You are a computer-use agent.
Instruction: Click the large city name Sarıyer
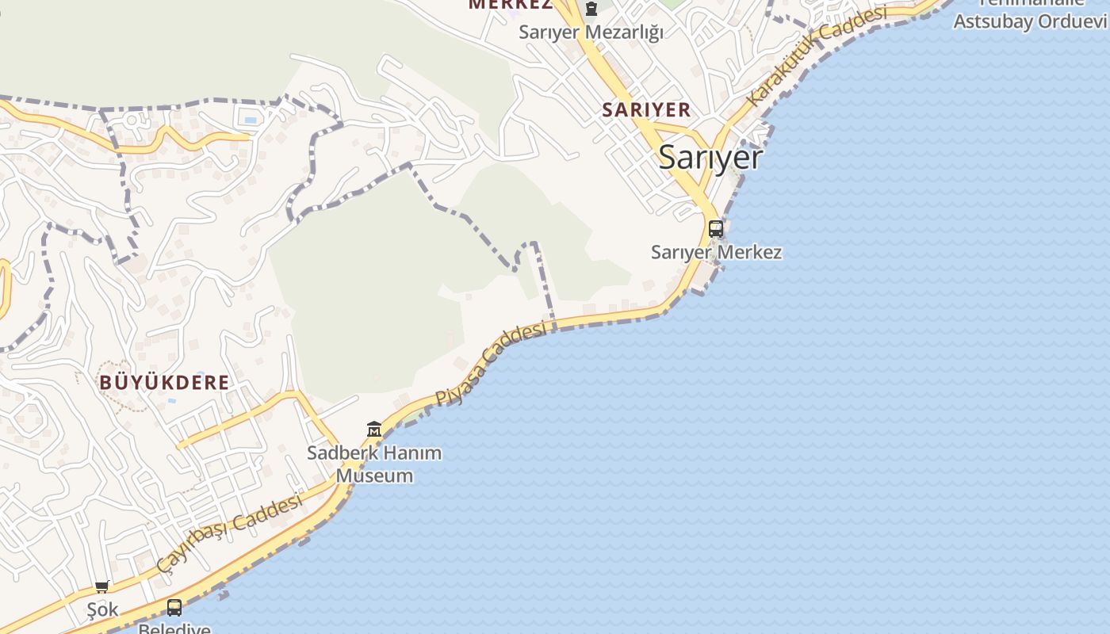[x=710, y=158]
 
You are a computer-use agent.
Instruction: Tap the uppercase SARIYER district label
[x=646, y=109]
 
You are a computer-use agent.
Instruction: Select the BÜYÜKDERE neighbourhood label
[x=164, y=382]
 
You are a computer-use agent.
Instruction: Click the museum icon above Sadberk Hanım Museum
[x=374, y=430]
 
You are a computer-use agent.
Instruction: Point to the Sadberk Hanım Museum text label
[x=374, y=464]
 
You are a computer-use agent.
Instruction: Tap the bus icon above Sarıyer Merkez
[x=715, y=228]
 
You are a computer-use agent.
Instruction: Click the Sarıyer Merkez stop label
[x=716, y=252]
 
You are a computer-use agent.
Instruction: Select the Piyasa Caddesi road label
[x=492, y=364]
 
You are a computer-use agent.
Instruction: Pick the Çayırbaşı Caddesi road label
[x=230, y=532]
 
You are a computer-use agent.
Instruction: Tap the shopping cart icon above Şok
[x=101, y=586]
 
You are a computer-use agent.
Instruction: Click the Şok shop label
[x=103, y=609]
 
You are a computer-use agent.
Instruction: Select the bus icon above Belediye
[x=174, y=607]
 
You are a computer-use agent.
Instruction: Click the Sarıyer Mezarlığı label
[x=591, y=32]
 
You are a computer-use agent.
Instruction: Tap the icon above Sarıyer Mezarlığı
[x=591, y=10]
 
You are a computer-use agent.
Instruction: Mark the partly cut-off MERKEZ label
[x=510, y=5]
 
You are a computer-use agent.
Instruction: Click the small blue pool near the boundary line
[x=251, y=120]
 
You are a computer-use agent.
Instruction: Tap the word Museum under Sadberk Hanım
[x=374, y=475]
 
